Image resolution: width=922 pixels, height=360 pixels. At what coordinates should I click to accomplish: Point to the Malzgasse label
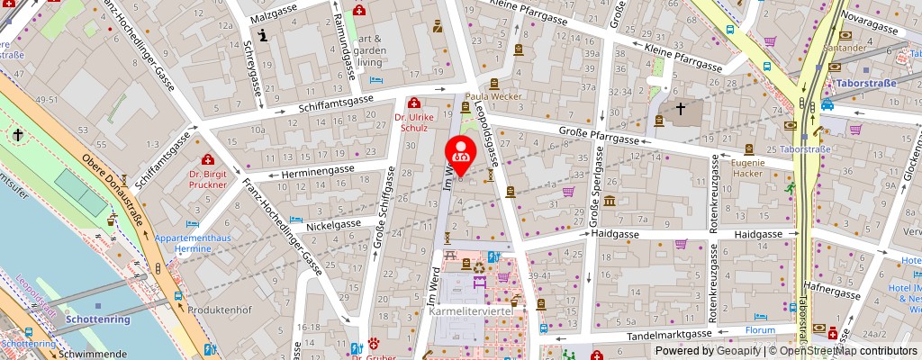point(274,16)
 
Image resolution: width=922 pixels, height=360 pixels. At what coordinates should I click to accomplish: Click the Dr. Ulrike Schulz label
point(414,122)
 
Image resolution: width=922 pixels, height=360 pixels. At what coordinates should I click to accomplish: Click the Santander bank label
point(849,47)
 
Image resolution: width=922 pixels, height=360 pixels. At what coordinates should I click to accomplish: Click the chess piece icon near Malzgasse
point(262,35)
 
